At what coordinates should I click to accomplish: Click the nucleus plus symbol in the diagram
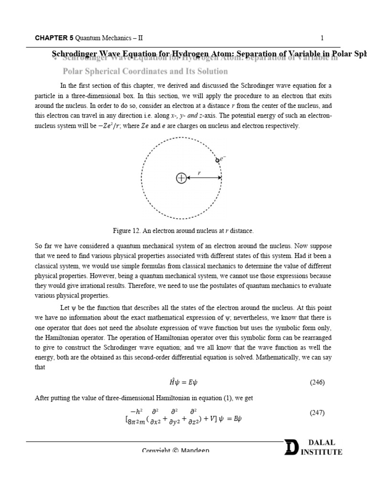[181, 178]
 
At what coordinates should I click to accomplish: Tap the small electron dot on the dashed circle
[217, 160]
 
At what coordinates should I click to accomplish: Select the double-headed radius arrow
[204, 178]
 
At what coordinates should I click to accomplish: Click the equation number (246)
[317, 382]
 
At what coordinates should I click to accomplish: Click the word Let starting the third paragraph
[65, 308]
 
